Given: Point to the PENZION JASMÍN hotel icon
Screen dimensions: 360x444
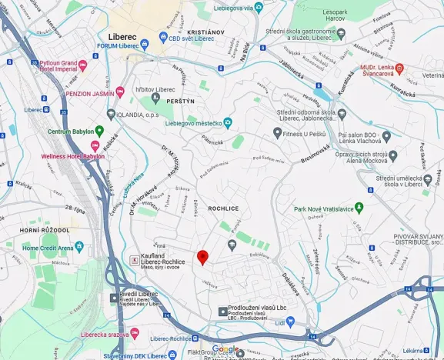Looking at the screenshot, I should [120, 93].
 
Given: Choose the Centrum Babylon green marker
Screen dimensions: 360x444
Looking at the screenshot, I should [87, 132].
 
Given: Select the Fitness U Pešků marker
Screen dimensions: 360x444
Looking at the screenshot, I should [277, 132].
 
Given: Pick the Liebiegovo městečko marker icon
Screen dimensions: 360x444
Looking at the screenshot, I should [228, 122].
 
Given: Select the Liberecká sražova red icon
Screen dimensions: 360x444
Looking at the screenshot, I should [135, 334].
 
